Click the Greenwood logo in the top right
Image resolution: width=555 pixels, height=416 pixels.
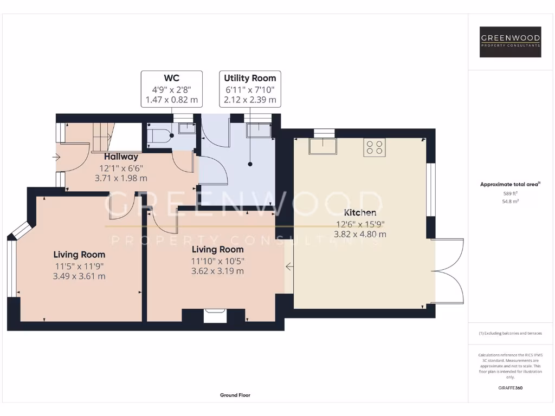pos(511,42)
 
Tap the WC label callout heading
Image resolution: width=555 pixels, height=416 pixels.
pos(172,78)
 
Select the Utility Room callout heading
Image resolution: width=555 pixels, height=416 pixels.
pos(250,78)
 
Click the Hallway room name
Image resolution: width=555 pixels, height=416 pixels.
pos(121,157)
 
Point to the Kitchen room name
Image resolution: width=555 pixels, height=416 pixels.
pos(360,212)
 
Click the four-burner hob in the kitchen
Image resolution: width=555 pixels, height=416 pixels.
pos(374,147)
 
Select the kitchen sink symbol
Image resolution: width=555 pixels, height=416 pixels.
pos(322,146)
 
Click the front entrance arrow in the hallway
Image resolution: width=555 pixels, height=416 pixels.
pos(57,157)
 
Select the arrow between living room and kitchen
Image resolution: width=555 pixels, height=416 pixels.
pos(289,266)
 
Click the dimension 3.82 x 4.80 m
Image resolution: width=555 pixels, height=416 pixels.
pos(360,234)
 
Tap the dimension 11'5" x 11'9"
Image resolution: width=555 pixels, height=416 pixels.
pos(79,265)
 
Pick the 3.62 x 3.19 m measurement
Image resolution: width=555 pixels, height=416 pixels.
pos(217,271)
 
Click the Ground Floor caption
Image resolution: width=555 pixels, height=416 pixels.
pos(235,395)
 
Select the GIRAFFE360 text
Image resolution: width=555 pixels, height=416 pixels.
pos(510,388)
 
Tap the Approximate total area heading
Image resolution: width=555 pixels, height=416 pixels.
pos(510,184)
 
